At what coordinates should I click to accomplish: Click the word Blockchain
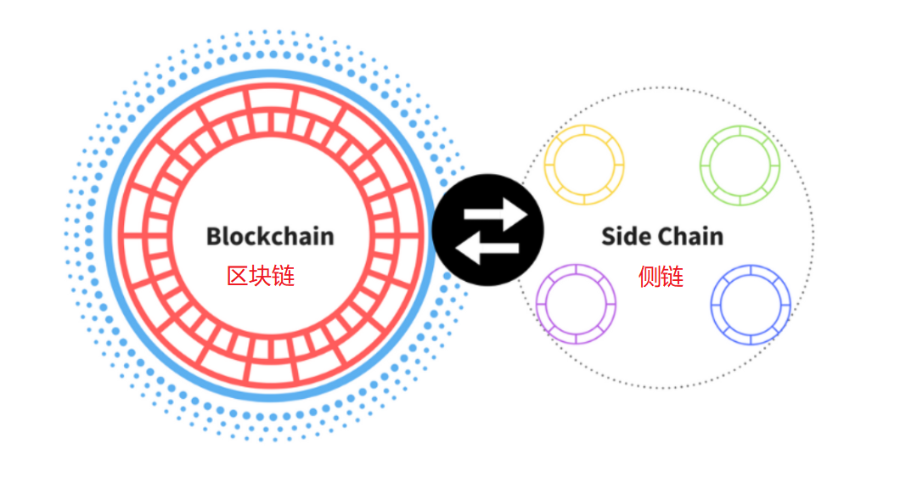[270, 236]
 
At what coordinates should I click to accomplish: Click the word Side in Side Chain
[625, 236]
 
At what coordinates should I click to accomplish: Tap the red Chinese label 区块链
[261, 276]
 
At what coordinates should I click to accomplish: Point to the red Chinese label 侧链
[661, 277]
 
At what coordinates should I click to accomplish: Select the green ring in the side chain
[740, 165]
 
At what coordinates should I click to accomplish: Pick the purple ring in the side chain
[576, 304]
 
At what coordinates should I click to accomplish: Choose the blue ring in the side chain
[751, 304]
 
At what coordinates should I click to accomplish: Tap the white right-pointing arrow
[497, 210]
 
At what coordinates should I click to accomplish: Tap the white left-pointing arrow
[487, 249]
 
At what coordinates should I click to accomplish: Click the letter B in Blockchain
[215, 236]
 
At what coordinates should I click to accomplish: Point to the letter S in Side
[609, 236]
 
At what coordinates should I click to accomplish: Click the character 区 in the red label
[238, 276]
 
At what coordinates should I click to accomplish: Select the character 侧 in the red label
[650, 277]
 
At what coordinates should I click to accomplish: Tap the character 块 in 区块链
[261, 276]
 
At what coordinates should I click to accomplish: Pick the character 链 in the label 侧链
[672, 277]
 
